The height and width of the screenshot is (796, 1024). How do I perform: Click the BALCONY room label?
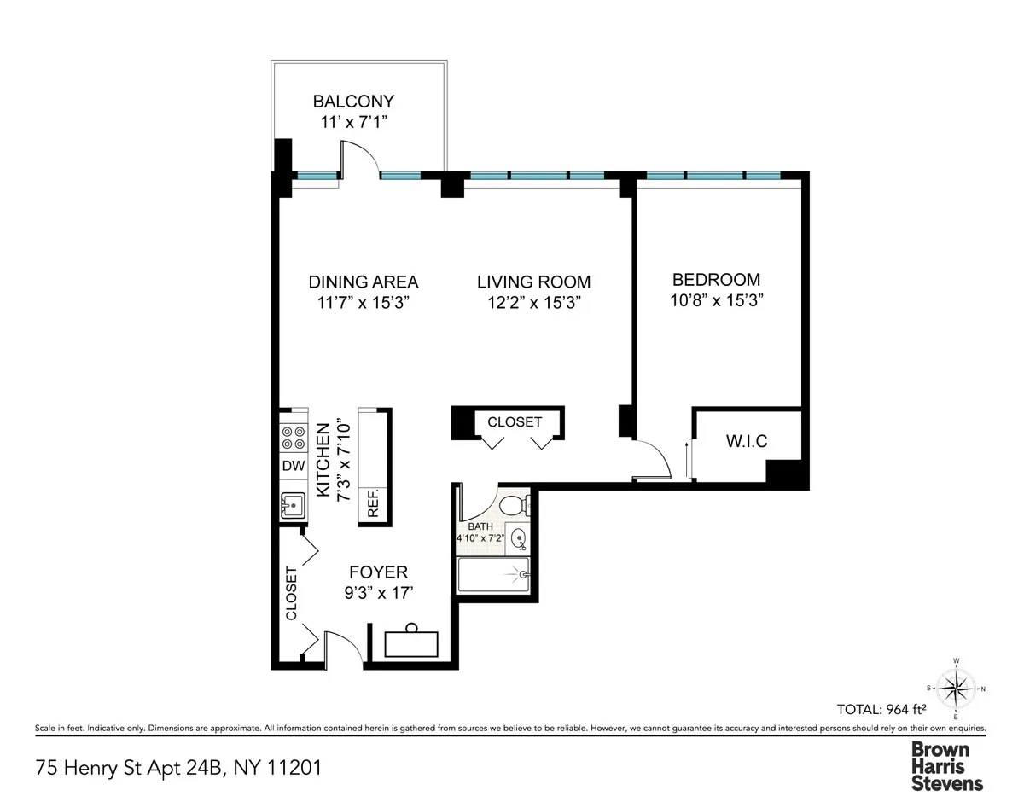tap(353, 102)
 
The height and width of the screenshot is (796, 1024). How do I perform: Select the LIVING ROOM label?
tap(533, 282)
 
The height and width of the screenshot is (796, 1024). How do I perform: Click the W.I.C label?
tap(747, 441)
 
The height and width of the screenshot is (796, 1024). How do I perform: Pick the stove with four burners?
tap(294, 437)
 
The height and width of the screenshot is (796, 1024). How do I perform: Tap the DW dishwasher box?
tap(293, 466)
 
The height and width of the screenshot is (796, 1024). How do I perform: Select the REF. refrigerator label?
tap(374, 504)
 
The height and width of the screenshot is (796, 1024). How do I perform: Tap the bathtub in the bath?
tap(493, 576)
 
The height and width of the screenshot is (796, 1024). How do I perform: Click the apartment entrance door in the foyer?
tap(340, 645)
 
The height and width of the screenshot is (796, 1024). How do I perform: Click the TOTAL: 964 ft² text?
tap(882, 707)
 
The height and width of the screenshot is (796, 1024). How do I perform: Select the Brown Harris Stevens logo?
tap(947, 765)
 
